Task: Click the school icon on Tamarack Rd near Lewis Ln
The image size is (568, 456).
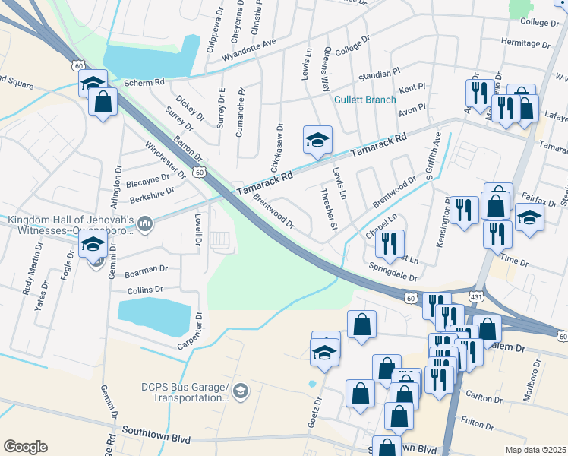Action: coord(318,139)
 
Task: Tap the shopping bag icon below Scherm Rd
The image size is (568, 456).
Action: coord(103,102)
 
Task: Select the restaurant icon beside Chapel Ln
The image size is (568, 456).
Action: coord(390,243)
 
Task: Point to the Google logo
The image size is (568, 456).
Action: coord(25,447)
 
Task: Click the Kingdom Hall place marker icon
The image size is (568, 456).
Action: coord(147,223)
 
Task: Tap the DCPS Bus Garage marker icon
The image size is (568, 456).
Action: coord(241,391)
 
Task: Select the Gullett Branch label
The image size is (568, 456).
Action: coord(364,100)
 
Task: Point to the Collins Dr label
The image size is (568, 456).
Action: coord(145,290)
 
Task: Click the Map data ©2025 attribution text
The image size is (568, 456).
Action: coord(536,450)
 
